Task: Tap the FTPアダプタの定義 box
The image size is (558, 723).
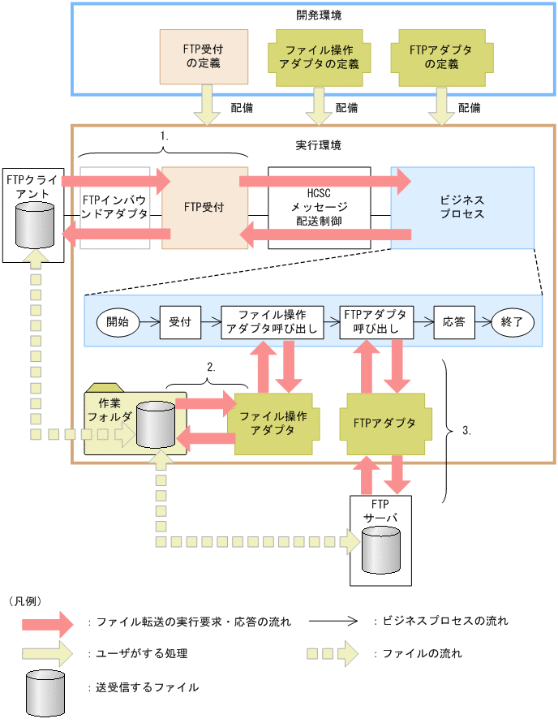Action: pyautogui.click(x=440, y=57)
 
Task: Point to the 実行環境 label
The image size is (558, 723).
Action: pyautogui.click(x=318, y=145)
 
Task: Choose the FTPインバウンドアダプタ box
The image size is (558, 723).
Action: pyautogui.click(x=114, y=207)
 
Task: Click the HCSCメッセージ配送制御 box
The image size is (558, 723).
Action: pyautogui.click(x=319, y=207)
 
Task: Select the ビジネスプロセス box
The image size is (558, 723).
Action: pyautogui.click(x=462, y=207)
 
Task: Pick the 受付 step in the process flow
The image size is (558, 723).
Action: pyautogui.click(x=179, y=321)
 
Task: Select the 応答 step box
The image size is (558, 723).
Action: pyautogui.click(x=453, y=321)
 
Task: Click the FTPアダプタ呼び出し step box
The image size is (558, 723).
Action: pyautogui.click(x=376, y=321)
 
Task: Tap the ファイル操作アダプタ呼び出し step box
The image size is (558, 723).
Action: pyautogui.click(x=273, y=321)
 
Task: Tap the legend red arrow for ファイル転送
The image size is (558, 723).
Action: pyautogui.click(x=54, y=622)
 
